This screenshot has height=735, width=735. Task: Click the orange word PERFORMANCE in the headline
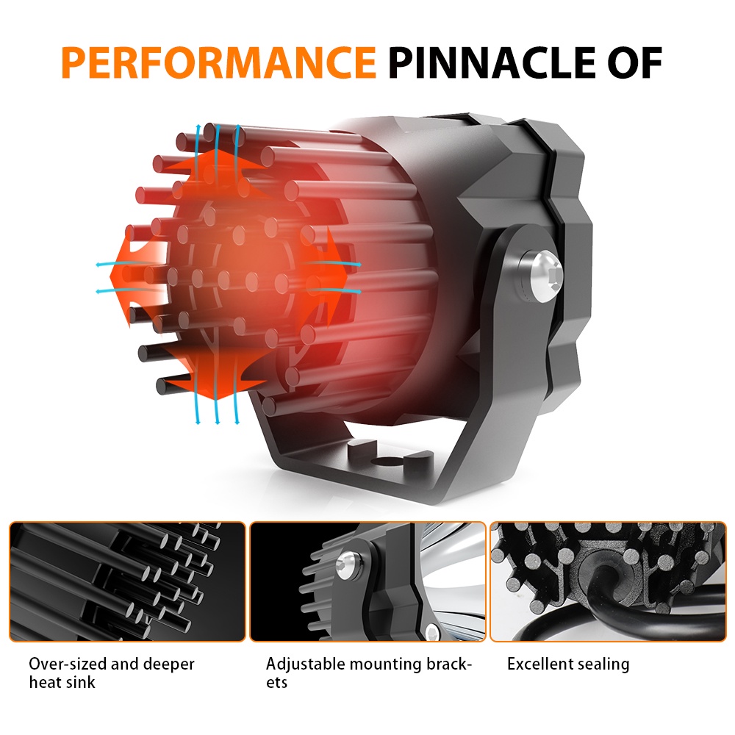click(218, 62)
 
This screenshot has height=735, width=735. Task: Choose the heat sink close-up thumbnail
click(127, 581)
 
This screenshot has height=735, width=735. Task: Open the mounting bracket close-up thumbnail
click(367, 581)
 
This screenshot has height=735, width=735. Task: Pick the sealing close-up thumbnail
click(607, 581)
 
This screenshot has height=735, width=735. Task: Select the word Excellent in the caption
click(539, 664)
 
